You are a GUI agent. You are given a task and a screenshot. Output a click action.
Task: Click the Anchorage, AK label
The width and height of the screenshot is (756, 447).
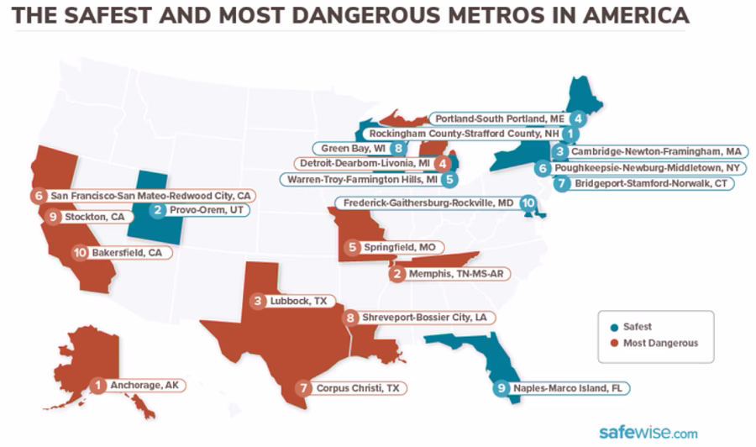pos(145,386)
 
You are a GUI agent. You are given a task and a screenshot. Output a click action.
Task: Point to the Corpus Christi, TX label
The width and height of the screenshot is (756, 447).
pos(357,388)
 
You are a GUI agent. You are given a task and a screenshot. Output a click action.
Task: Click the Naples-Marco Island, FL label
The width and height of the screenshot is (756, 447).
pos(570,388)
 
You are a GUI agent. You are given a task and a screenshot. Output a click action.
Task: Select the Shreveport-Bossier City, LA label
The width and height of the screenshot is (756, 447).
pos(423,318)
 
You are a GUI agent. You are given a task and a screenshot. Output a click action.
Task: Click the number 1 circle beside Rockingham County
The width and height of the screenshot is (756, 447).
pos(570,134)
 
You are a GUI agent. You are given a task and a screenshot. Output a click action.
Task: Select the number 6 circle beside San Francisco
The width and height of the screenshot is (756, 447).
pos(39,196)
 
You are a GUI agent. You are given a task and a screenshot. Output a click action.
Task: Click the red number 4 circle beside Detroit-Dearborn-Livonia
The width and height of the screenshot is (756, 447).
pos(442,163)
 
